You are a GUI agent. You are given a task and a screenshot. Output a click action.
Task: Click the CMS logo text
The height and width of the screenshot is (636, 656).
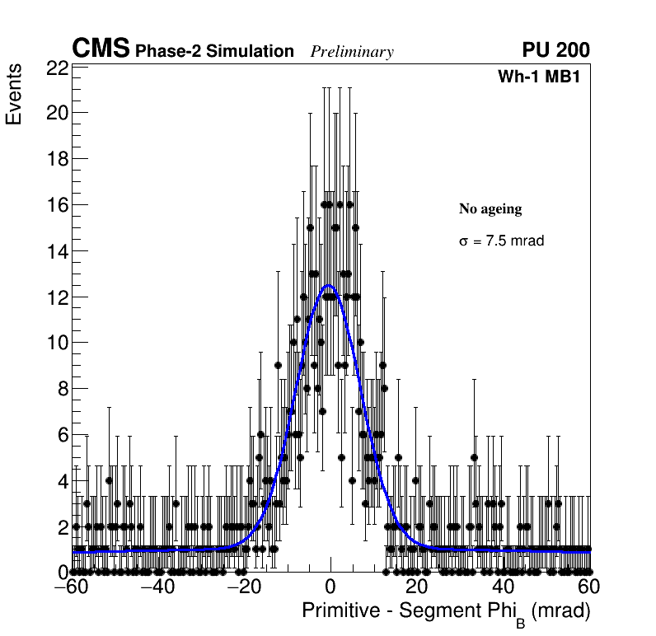tap(101, 49)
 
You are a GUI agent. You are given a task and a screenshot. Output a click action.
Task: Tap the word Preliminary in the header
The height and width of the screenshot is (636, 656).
tap(352, 52)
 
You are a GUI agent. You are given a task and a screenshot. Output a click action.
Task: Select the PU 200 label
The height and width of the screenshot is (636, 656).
tap(555, 50)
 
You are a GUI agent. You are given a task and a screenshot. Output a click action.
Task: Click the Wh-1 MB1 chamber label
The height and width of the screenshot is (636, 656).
tap(544, 77)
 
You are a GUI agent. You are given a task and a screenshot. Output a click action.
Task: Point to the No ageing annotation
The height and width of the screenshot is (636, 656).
tap(490, 209)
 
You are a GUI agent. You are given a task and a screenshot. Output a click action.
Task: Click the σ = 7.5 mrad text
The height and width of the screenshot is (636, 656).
tap(501, 241)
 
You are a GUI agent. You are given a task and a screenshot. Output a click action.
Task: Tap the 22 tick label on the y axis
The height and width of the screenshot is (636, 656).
tap(57, 68)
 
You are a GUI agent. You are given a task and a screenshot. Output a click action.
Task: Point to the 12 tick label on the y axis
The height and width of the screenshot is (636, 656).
tap(57, 297)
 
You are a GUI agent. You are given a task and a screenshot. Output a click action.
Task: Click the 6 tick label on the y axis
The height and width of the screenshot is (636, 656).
tap(62, 435)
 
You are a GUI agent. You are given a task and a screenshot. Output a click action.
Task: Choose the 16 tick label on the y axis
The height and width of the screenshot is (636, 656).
tap(57, 205)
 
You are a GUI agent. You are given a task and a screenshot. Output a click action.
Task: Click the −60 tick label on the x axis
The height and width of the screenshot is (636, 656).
tap(72, 587)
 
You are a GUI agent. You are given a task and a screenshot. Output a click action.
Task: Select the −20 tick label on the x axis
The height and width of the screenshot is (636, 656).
tap(243, 587)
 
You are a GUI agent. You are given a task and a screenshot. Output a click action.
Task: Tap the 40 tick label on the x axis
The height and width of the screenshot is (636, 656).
tap(502, 587)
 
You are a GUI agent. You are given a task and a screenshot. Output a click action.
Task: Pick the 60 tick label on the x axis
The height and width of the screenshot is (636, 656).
tap(588, 587)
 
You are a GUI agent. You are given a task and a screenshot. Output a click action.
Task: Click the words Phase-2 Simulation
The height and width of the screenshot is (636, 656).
tap(214, 52)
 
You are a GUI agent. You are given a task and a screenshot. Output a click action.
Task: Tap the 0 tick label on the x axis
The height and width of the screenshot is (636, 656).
tap(330, 587)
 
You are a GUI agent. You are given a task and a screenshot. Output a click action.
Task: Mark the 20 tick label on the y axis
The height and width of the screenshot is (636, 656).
tap(57, 114)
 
